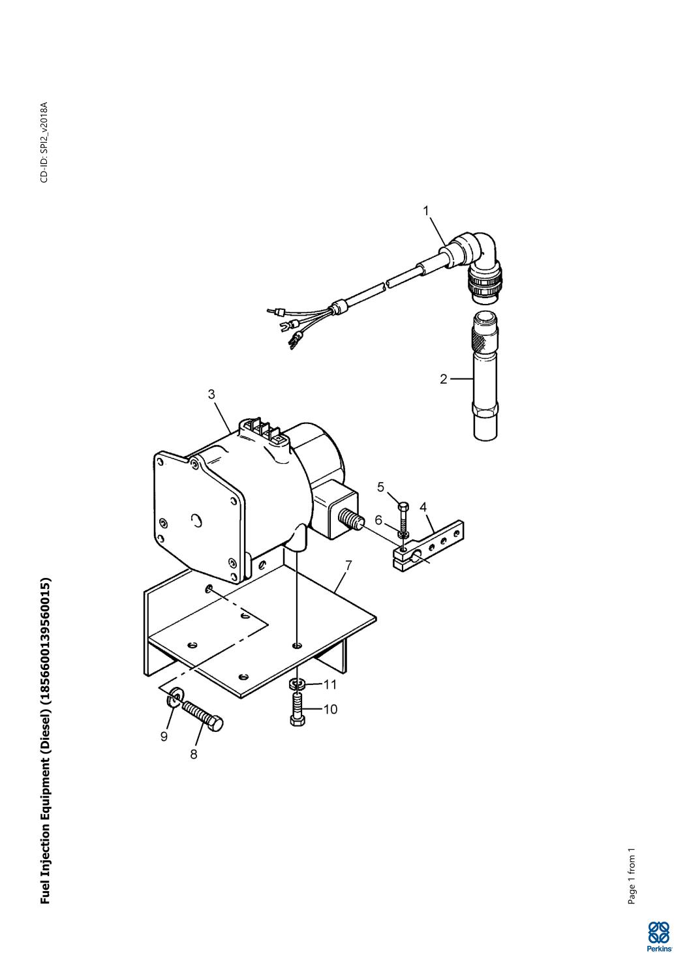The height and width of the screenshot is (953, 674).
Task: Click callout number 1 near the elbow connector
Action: [426, 211]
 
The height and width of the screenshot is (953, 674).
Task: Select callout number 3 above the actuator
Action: [212, 394]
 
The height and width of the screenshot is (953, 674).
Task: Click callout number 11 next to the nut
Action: [330, 684]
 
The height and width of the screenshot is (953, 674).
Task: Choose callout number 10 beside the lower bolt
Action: [331, 709]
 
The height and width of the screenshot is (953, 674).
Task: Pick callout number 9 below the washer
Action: [164, 736]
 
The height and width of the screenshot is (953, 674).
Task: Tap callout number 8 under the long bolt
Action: [194, 754]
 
